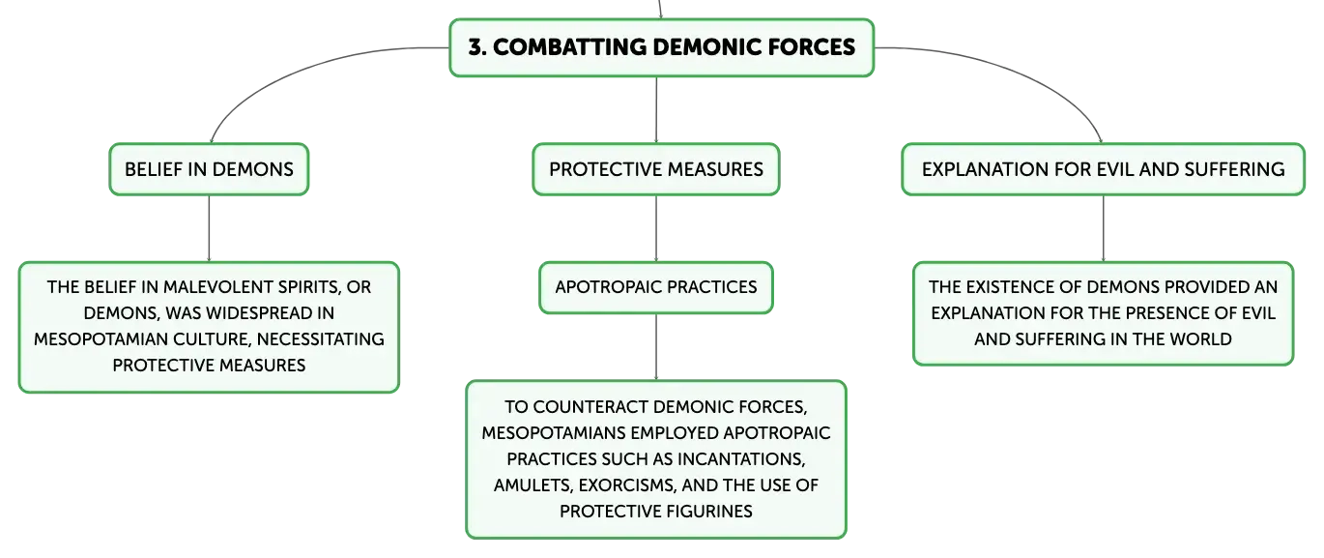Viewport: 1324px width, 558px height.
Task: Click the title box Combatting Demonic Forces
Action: [x=661, y=47]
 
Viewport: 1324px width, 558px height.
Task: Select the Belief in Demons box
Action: [x=209, y=169]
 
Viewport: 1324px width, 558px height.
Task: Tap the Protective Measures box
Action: [x=656, y=169]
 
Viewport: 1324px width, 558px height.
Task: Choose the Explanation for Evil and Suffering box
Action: [x=1103, y=169]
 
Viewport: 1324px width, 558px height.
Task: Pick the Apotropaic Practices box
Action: [x=656, y=287]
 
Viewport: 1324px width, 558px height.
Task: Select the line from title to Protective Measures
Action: [x=656, y=110]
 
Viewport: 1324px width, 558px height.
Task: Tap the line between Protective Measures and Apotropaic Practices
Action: [x=656, y=228]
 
